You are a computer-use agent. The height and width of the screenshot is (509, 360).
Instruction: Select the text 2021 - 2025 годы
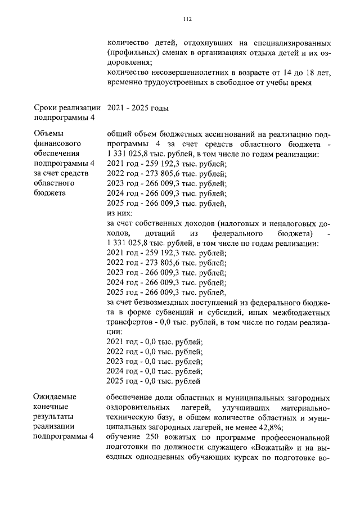coord(137,108)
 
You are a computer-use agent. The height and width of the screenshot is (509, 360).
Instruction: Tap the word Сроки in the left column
coord(47,108)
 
